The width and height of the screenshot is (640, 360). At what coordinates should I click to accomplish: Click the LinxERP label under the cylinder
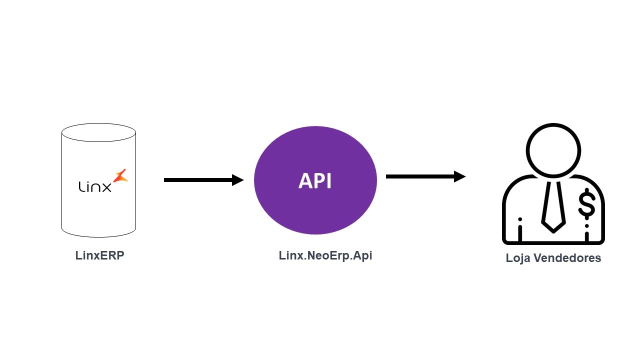pos(99,255)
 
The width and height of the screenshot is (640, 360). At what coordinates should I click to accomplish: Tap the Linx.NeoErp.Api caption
pos(325,255)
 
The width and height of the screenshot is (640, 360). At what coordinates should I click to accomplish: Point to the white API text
pos(315,181)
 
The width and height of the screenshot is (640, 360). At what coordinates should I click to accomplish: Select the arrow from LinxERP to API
pos(200,180)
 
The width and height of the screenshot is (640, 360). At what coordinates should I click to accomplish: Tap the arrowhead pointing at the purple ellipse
pos(238,180)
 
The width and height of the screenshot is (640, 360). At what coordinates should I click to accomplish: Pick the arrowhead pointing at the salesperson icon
pos(460,176)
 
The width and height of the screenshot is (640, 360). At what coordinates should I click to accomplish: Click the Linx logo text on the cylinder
pos(95,186)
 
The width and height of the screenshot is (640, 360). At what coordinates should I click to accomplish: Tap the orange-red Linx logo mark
pos(120,175)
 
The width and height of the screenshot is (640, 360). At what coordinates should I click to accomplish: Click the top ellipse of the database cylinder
pos(98,132)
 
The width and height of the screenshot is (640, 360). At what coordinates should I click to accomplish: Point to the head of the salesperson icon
pos(553,150)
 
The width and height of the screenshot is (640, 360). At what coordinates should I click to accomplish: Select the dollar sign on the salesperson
pos(586,205)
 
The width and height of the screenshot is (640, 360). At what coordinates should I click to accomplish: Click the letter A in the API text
pos(305,181)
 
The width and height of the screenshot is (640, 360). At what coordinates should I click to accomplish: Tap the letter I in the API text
pos(328,181)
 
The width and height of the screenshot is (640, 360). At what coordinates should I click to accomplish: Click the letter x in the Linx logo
pos(106,187)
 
